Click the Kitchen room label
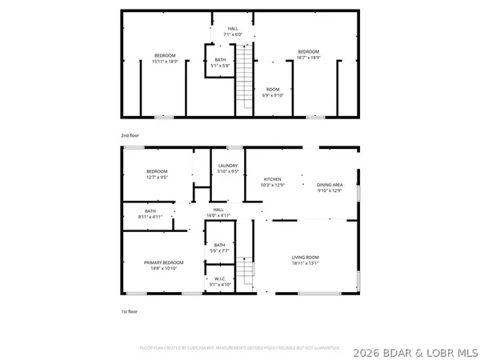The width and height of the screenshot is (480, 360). click(273, 179)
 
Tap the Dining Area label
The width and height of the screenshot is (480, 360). click(330, 184)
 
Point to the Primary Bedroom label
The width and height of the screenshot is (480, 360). click(164, 262)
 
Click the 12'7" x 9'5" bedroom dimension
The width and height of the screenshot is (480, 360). click(158, 178)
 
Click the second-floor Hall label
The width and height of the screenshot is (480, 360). click(233, 27)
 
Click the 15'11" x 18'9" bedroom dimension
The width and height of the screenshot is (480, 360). click(165, 59)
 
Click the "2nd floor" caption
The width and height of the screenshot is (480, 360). click(130, 136)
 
